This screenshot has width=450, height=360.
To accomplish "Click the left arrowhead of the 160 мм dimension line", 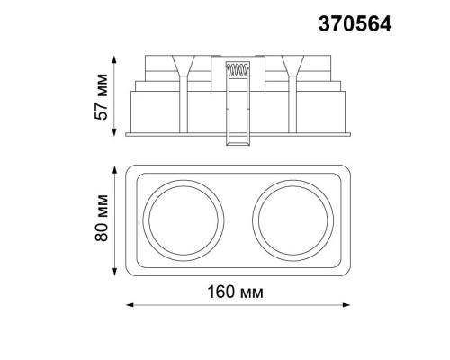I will pos(126,306).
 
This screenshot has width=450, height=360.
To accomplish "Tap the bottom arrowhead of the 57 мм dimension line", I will pos(115,135).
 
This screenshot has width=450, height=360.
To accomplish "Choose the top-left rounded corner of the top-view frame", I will pos(131,170).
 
